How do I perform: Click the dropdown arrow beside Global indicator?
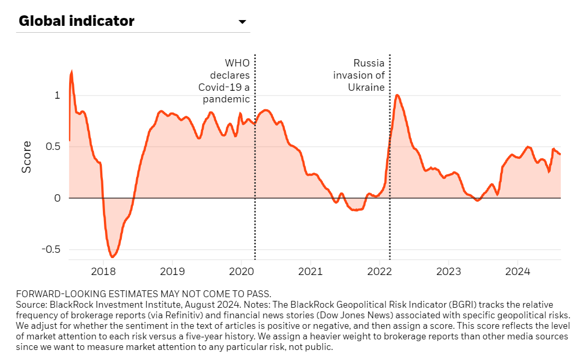tap(242, 22)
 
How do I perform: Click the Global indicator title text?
tap(76, 21)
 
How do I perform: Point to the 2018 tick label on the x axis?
tap(103, 272)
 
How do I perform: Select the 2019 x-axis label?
tap(172, 272)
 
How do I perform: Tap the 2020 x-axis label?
tap(241, 272)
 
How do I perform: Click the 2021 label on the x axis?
tap(310, 272)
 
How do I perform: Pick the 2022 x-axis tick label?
tap(379, 272)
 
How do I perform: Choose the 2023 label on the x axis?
tap(448, 272)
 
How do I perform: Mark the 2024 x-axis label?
tap(518, 272)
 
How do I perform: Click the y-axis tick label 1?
tap(57, 96)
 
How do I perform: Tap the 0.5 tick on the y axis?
tap(52, 147)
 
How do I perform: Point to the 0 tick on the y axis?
tap(57, 198)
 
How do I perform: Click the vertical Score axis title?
tap(26, 157)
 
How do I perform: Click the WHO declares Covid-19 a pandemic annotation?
tap(224, 81)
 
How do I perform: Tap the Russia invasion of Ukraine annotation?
tap(359, 75)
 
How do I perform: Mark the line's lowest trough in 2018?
tap(112, 257)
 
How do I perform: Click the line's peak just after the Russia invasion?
tap(397, 96)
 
